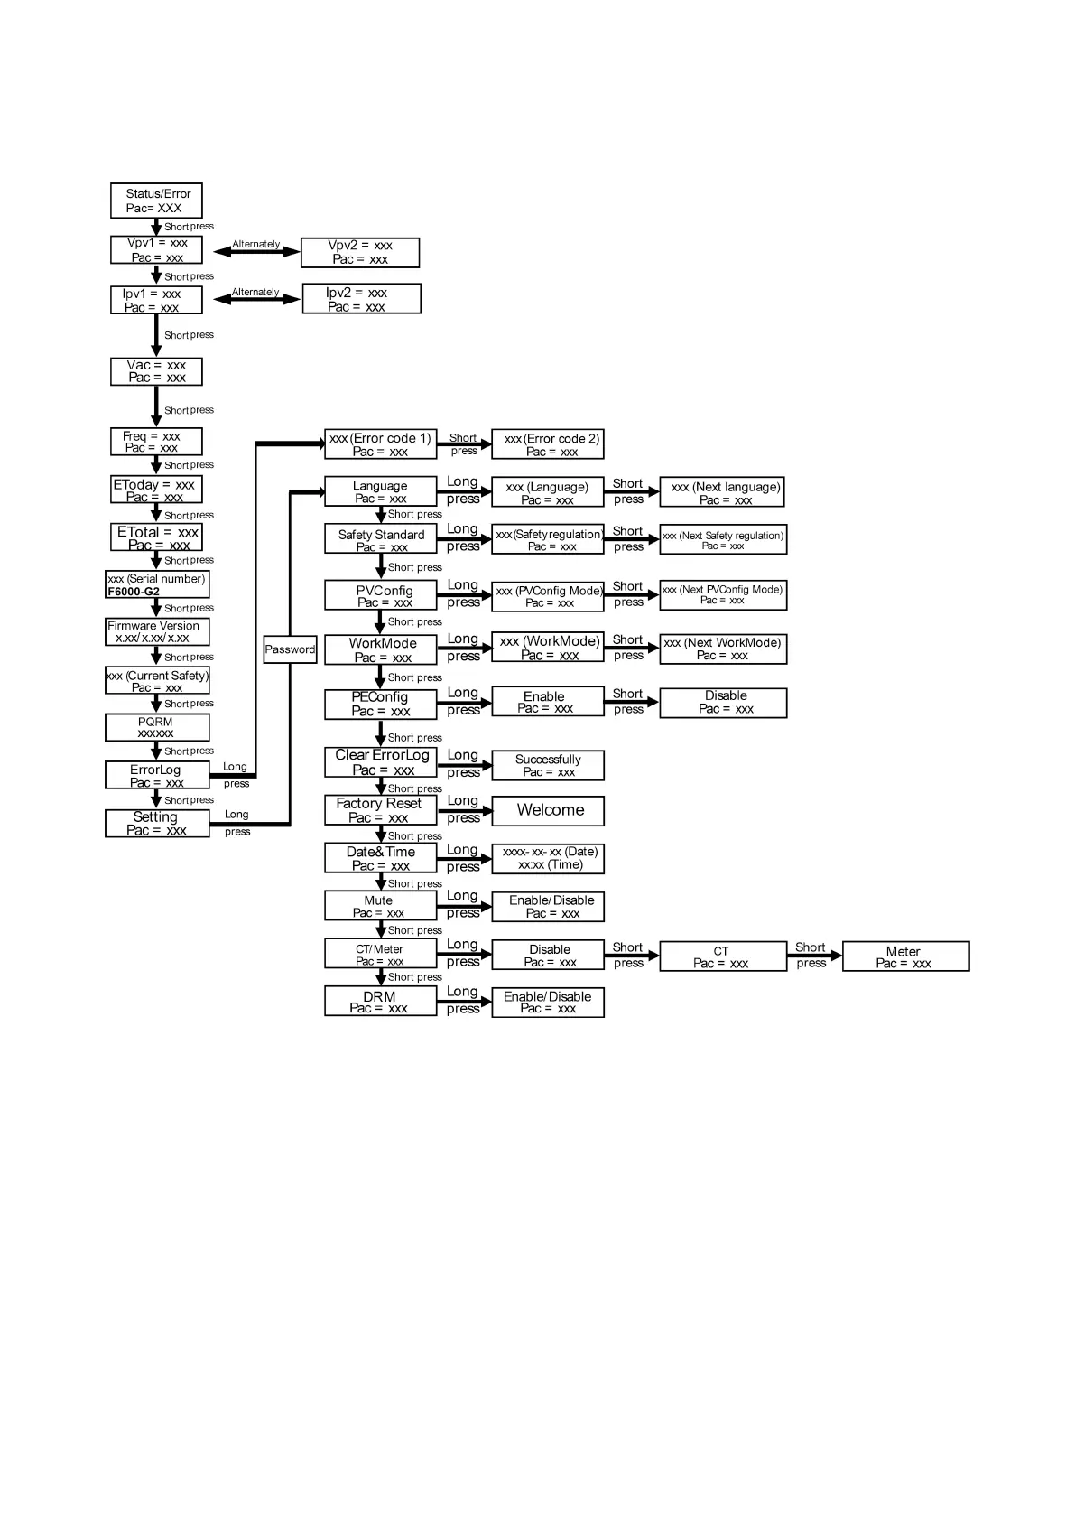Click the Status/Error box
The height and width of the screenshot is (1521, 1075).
click(156, 201)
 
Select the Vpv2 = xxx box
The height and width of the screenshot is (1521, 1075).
click(360, 252)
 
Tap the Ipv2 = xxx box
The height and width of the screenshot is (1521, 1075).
click(361, 299)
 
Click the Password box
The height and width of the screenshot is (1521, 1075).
click(290, 649)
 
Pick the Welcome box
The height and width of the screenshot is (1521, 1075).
click(548, 810)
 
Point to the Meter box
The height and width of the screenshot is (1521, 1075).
click(905, 956)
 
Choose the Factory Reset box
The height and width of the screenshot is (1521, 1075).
click(380, 810)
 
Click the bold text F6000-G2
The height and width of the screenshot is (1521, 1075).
click(134, 592)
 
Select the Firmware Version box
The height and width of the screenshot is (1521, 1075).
click(157, 631)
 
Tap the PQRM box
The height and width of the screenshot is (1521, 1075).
click(157, 727)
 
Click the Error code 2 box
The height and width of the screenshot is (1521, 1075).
click(548, 444)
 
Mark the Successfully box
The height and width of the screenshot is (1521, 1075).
click(548, 765)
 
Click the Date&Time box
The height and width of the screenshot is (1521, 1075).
click(380, 858)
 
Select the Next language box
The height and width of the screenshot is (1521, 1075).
click(722, 492)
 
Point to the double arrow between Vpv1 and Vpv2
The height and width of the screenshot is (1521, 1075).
click(256, 253)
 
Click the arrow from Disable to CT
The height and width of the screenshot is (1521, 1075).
click(632, 956)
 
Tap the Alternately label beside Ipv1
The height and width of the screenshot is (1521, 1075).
click(255, 292)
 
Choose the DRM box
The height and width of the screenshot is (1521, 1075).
click(380, 1002)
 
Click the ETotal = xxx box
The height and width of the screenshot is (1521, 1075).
click(157, 537)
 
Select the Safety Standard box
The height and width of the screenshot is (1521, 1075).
click(380, 539)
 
